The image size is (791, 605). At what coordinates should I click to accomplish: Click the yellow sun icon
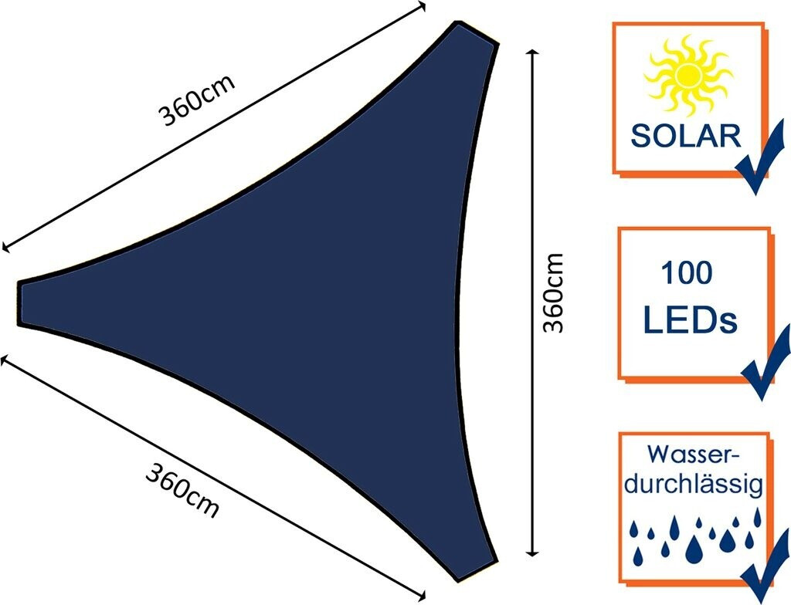click(687, 77)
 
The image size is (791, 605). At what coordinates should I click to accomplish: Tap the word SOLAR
click(686, 135)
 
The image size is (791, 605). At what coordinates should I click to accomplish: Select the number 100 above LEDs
click(686, 272)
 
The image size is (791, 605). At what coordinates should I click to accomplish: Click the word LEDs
click(690, 319)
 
